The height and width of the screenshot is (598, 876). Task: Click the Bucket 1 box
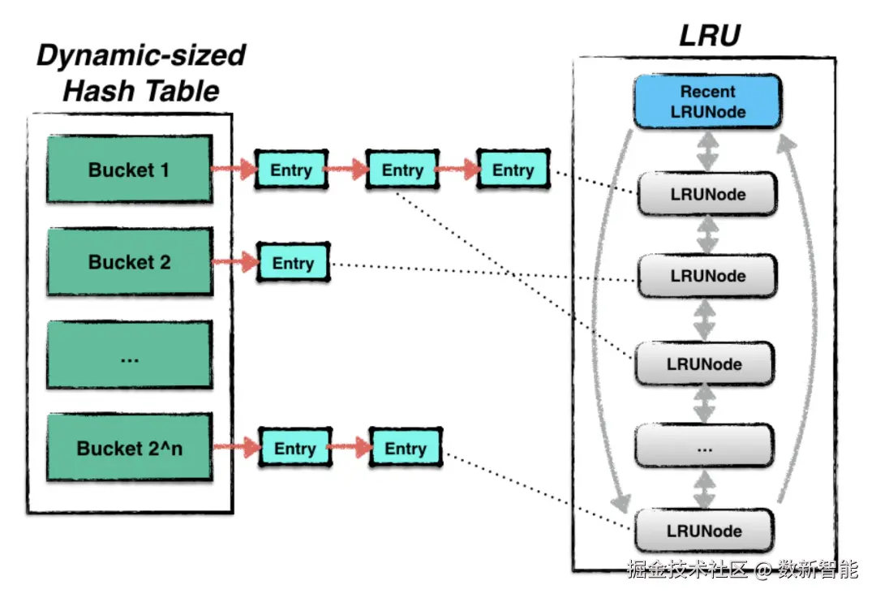[130, 169]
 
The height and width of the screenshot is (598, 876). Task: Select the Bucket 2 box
[130, 261]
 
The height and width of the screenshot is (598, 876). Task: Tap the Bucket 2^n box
[130, 447]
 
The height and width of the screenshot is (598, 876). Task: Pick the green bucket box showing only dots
[130, 355]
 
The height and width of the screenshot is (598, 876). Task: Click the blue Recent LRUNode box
[707, 101]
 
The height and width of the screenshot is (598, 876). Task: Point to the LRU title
[710, 36]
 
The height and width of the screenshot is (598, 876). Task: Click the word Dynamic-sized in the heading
[141, 55]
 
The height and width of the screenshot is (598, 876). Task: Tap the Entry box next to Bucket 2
[294, 262]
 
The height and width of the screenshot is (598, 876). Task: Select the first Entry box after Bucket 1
[291, 170]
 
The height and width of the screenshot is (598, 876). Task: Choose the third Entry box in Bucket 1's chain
[513, 169]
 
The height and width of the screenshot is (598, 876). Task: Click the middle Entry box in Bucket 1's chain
[402, 170]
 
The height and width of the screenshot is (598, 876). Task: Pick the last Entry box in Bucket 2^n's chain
[406, 448]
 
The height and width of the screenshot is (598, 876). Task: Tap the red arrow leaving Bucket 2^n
[236, 446]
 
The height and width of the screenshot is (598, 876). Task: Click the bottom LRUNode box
[704, 531]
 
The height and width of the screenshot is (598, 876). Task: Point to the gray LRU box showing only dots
[705, 446]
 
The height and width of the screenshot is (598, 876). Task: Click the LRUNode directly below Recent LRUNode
[707, 194]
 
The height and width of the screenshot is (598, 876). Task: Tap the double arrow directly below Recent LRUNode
[707, 150]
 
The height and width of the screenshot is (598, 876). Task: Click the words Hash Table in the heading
[141, 91]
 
